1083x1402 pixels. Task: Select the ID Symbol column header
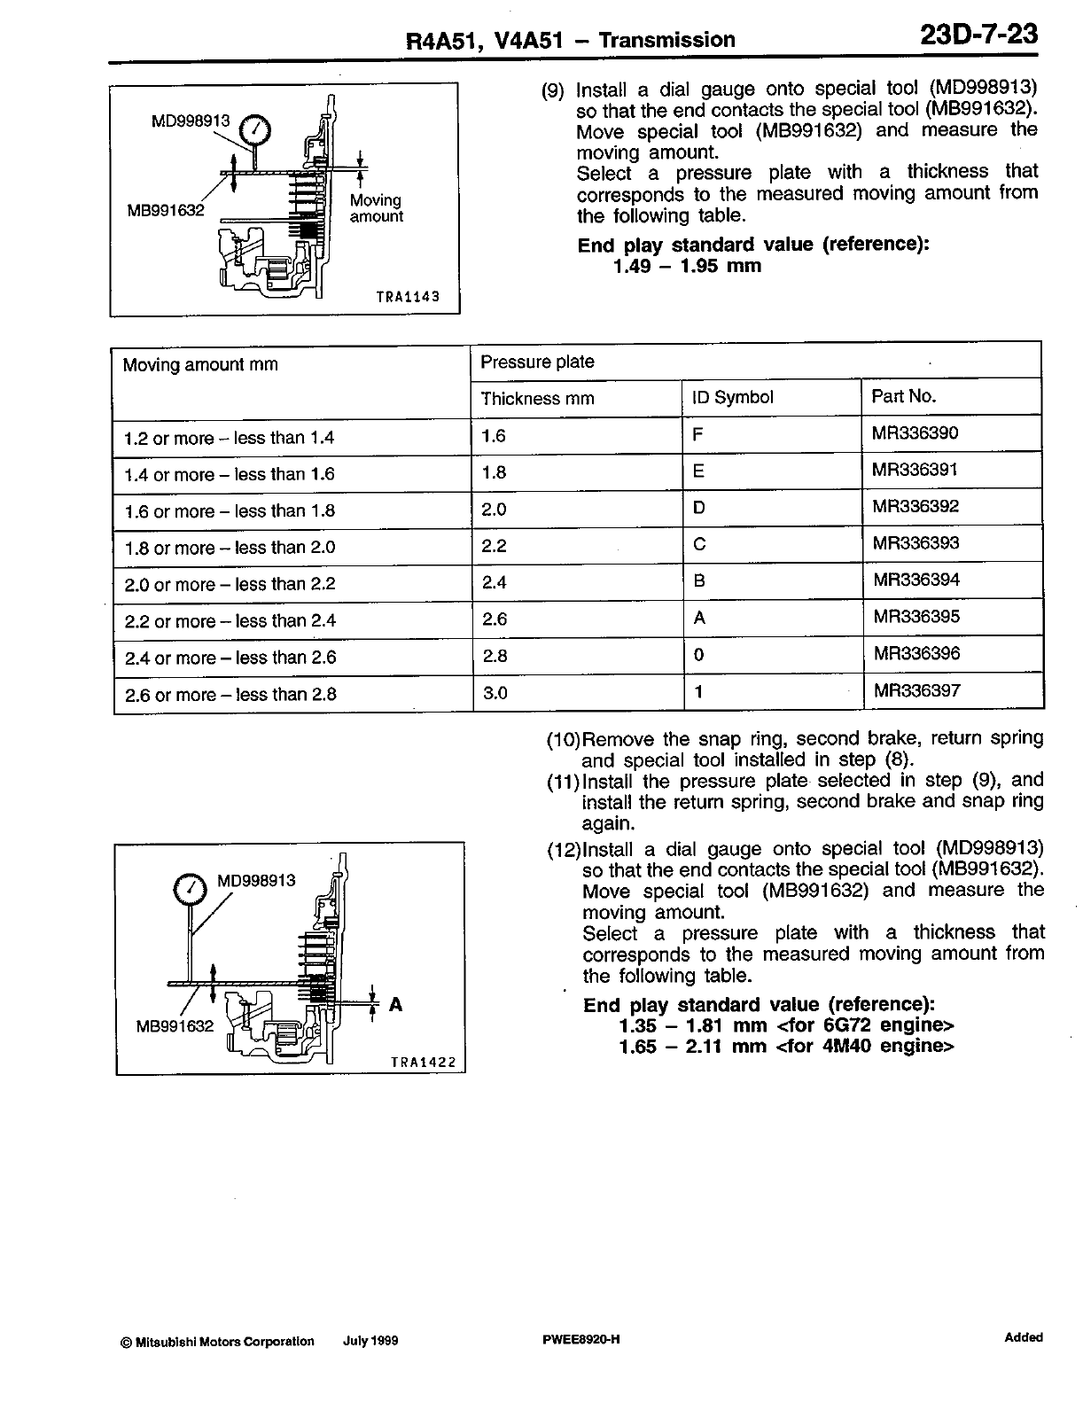(x=732, y=398)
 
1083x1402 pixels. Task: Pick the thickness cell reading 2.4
(x=495, y=582)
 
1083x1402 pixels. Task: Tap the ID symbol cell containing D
(x=699, y=508)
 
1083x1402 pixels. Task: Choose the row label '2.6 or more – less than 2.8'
(x=230, y=695)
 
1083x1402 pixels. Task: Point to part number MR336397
(x=917, y=690)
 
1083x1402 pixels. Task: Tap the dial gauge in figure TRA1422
(x=189, y=890)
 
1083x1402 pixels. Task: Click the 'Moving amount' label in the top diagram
(x=376, y=208)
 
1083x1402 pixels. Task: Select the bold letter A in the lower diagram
(x=396, y=1004)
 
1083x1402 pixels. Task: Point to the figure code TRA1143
(x=408, y=298)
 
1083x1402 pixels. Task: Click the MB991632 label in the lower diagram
(x=175, y=1026)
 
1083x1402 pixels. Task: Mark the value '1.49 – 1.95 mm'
(x=687, y=267)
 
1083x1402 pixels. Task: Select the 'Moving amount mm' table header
(x=200, y=365)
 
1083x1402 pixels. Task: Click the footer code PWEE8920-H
(x=580, y=1340)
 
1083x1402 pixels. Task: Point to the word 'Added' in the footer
(x=1024, y=1338)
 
